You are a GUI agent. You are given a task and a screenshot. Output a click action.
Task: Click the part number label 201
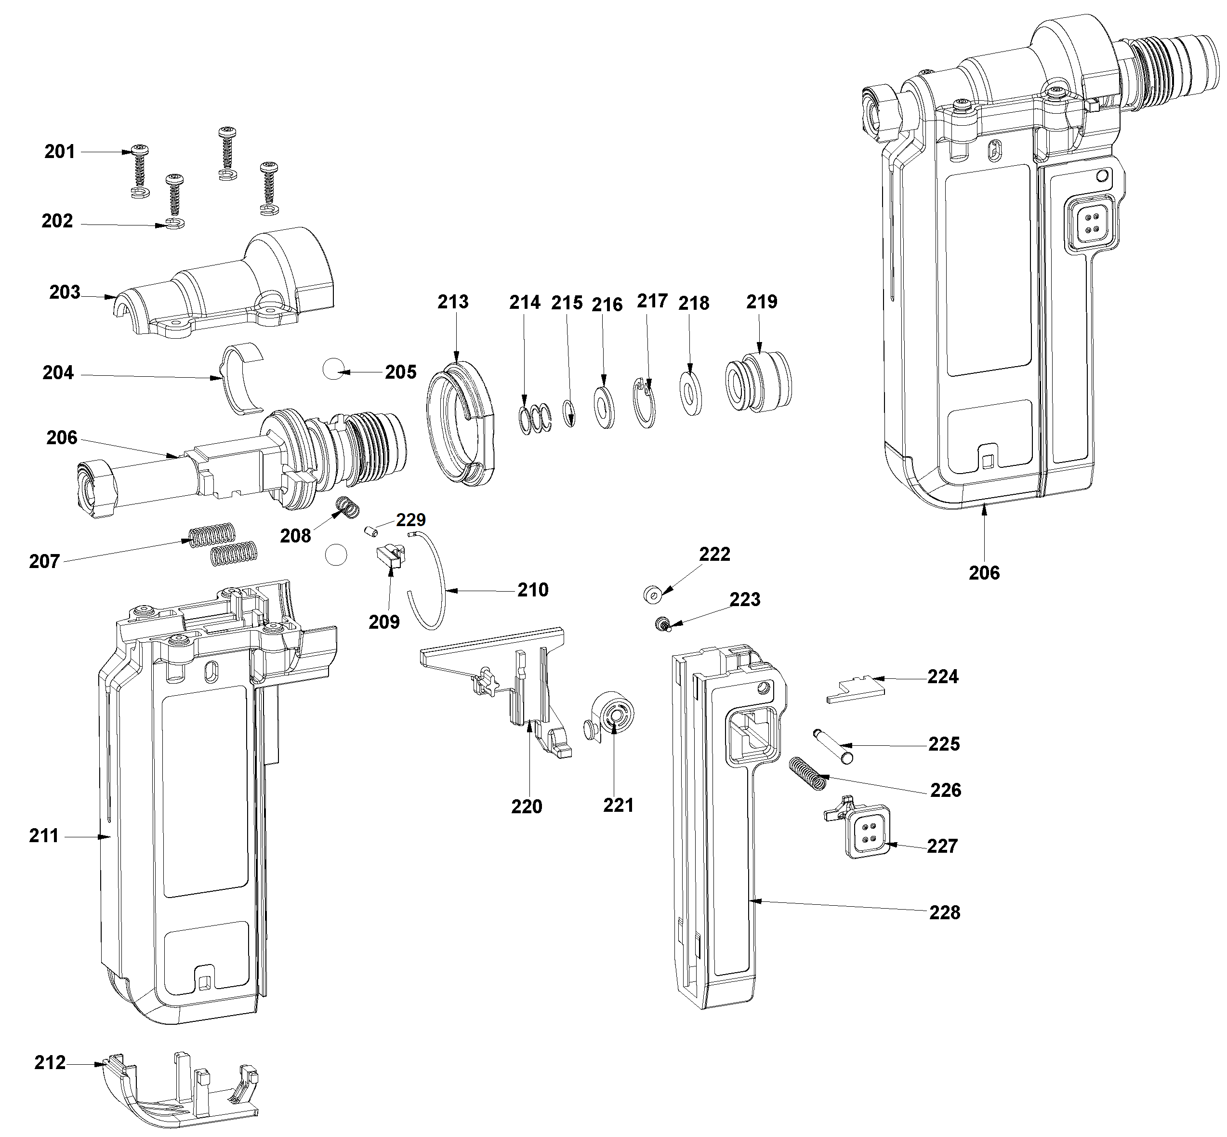tap(60, 151)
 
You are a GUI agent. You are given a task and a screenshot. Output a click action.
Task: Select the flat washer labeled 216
tap(604, 407)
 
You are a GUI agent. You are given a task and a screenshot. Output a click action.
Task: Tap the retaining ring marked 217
tap(645, 402)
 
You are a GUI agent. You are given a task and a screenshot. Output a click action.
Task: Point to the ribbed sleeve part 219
tap(759, 382)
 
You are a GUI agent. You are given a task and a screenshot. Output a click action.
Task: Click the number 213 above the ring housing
tap(453, 302)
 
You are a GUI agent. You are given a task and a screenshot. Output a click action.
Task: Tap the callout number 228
tap(945, 912)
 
